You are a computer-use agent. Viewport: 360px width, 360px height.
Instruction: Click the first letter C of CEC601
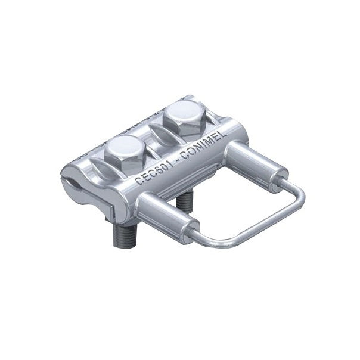pyautogui.click(x=140, y=182)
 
